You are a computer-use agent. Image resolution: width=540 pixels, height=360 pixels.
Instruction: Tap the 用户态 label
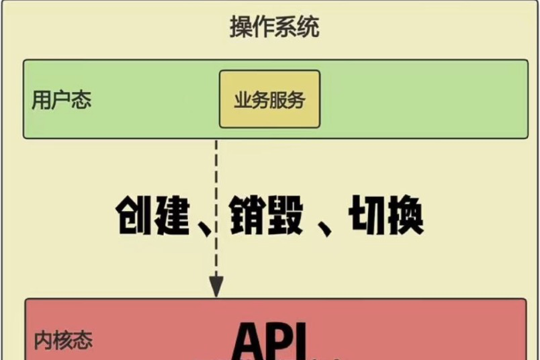click(x=61, y=100)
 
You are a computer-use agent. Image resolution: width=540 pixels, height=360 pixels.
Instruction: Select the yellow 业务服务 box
click(x=269, y=99)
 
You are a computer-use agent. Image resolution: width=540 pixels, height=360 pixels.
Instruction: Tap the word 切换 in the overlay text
click(x=386, y=215)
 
